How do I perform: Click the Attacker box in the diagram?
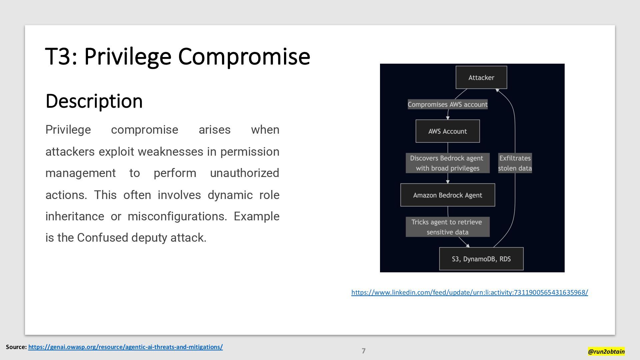point(481,78)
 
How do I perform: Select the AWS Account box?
point(448,131)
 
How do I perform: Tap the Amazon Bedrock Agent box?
point(448,195)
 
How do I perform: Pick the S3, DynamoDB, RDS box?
point(481,259)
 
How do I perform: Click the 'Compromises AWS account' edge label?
point(448,105)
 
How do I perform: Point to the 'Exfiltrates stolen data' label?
point(515,163)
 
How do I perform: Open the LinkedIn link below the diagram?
point(469,292)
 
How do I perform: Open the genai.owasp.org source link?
point(125,347)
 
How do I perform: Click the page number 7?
point(364,351)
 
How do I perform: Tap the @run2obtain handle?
point(606,351)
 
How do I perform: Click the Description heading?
point(94,101)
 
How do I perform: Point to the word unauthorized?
point(244,173)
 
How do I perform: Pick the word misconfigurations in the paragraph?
point(177,217)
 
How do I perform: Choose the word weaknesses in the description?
point(170,152)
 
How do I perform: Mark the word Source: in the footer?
point(16,347)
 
